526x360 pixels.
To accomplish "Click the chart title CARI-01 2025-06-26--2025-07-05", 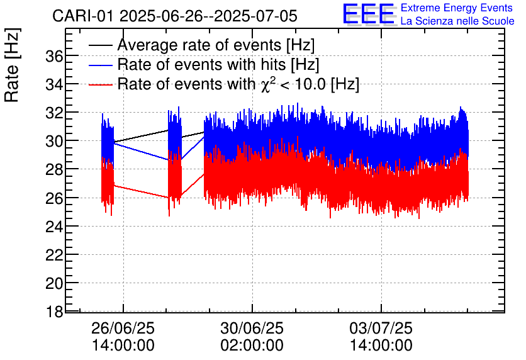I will click(x=175, y=16).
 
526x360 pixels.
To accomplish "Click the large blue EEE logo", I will click(x=369, y=15).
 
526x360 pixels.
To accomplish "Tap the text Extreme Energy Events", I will click(x=457, y=8).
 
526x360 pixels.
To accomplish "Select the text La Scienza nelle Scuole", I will click(x=457, y=21).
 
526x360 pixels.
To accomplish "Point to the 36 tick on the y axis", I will click(x=55, y=56).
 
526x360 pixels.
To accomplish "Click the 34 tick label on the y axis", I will click(x=55, y=84).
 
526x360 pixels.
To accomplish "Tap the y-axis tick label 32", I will click(x=55, y=113).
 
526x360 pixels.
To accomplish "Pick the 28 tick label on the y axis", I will click(x=55, y=169).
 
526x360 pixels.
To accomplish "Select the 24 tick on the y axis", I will click(x=55, y=226).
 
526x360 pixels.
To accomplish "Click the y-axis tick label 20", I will click(x=55, y=283).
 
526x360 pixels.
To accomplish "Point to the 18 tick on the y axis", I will click(x=55, y=312).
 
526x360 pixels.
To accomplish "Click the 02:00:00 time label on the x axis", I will click(x=252, y=346).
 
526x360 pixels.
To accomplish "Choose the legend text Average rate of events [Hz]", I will click(x=216, y=45).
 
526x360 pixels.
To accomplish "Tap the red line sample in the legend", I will click(x=101, y=84).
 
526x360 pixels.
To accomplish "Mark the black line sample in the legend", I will click(x=101, y=45).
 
